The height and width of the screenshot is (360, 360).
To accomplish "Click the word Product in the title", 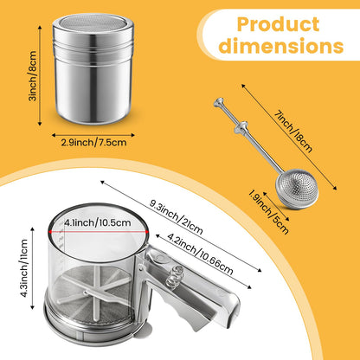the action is (278, 24).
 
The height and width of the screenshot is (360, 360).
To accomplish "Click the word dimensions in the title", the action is (281, 46).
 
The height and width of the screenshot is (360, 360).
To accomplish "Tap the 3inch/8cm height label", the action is (33, 76).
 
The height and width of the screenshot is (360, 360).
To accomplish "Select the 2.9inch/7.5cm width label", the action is (93, 142).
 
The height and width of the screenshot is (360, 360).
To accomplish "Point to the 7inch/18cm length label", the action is (293, 132).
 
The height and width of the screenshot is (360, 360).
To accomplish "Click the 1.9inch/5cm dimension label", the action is (268, 212).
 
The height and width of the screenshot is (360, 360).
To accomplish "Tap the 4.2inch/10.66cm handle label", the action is (200, 254).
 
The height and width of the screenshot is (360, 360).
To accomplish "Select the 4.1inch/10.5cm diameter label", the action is (98, 222).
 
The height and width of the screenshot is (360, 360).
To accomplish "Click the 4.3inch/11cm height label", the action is (23, 268).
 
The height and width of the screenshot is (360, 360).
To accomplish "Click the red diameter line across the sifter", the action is (99, 231).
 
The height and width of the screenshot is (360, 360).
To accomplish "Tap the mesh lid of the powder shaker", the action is (93, 23).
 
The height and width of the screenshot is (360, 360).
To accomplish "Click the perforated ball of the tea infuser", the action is (297, 189).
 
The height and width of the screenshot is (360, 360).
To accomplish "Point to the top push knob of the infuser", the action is (219, 103).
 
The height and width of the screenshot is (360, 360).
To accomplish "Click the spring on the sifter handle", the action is (175, 274).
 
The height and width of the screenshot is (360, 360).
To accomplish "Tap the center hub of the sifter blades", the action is (86, 293).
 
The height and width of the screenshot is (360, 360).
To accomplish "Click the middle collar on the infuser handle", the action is (241, 127).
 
